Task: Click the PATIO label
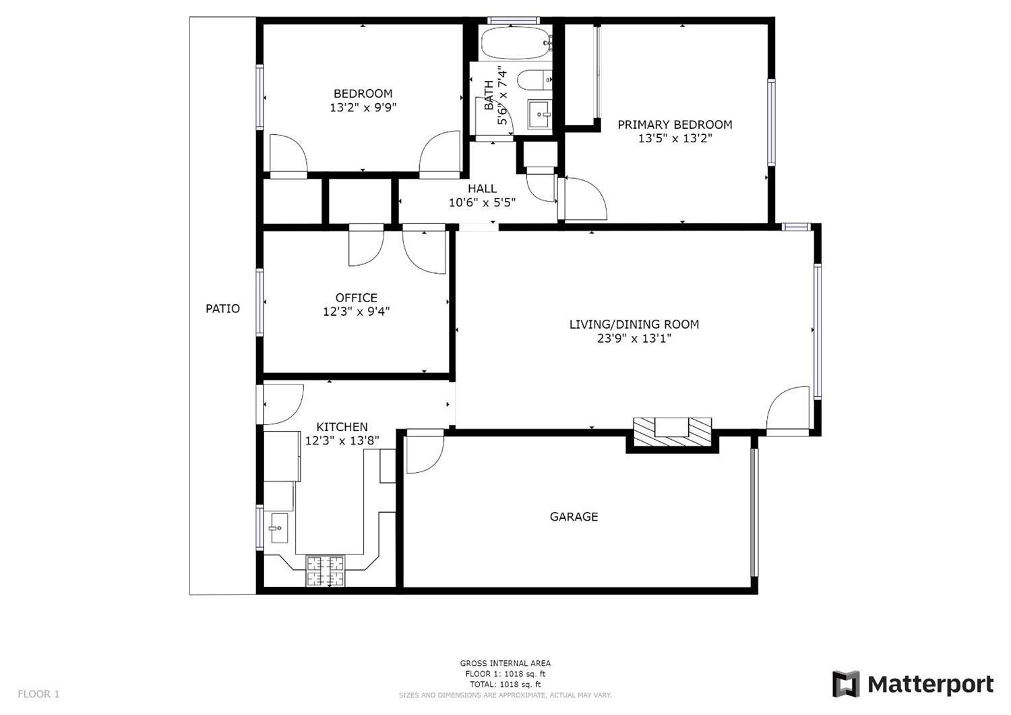(x=222, y=308)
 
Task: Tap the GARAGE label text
(x=574, y=516)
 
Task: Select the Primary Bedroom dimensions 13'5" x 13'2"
(x=675, y=138)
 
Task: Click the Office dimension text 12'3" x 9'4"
(x=356, y=312)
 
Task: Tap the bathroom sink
(x=540, y=115)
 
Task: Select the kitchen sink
(x=279, y=527)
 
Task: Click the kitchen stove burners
(x=326, y=571)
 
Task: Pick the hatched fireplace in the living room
(x=672, y=431)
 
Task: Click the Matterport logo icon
(x=847, y=684)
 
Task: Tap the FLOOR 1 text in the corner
(x=39, y=693)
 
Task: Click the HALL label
(x=482, y=188)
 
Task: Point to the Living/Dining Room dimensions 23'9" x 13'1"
(x=634, y=339)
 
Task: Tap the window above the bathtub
(x=514, y=20)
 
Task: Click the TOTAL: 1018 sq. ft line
(x=505, y=684)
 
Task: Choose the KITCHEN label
(x=342, y=427)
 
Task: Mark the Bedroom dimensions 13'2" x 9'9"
(x=363, y=107)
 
